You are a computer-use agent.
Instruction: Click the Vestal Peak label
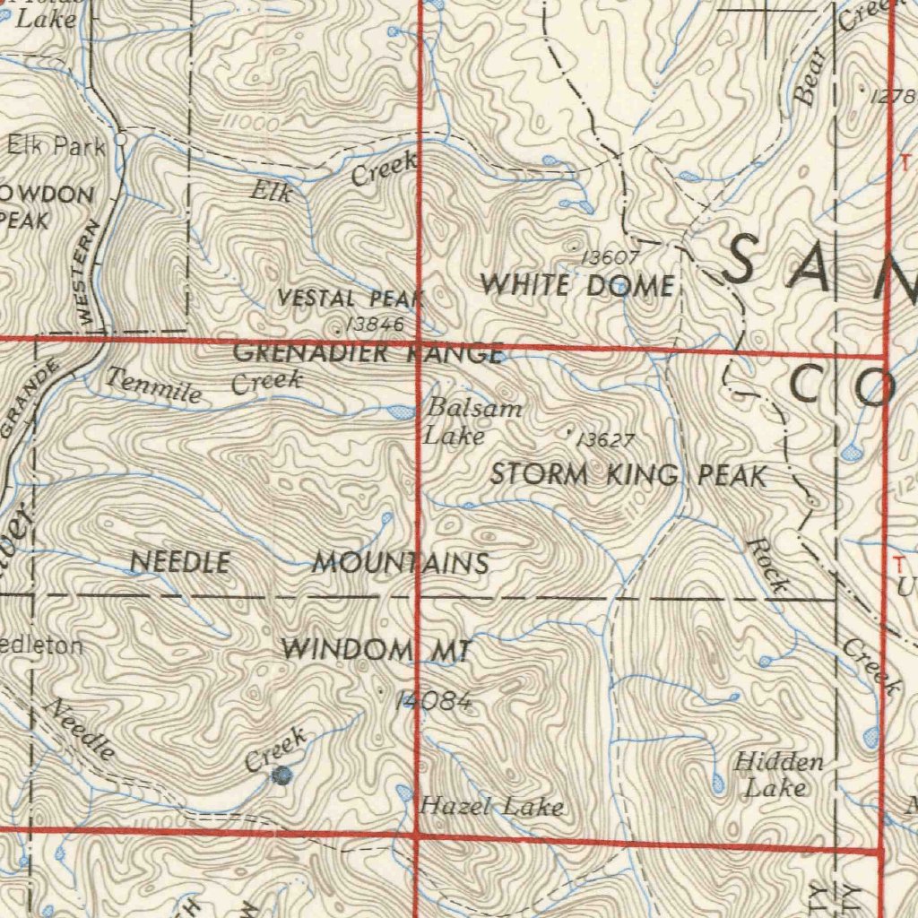tap(351, 299)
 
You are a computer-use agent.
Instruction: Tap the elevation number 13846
tap(375, 324)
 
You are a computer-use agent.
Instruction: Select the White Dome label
tap(577, 285)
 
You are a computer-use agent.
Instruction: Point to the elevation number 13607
tap(610, 258)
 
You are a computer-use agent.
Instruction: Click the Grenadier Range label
tap(368, 353)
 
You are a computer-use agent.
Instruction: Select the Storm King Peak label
tap(628, 474)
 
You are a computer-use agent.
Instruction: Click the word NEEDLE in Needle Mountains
tap(180, 562)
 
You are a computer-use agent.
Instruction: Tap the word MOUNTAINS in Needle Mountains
tap(401, 564)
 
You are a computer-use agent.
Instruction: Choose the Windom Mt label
tap(376, 649)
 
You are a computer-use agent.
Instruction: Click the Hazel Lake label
tap(492, 806)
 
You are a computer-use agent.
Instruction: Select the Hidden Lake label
tap(778, 775)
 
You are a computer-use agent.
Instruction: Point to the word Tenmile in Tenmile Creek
tap(152, 385)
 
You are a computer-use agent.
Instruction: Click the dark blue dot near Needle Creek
tap(283, 775)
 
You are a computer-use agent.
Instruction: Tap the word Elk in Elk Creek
tap(272, 190)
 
